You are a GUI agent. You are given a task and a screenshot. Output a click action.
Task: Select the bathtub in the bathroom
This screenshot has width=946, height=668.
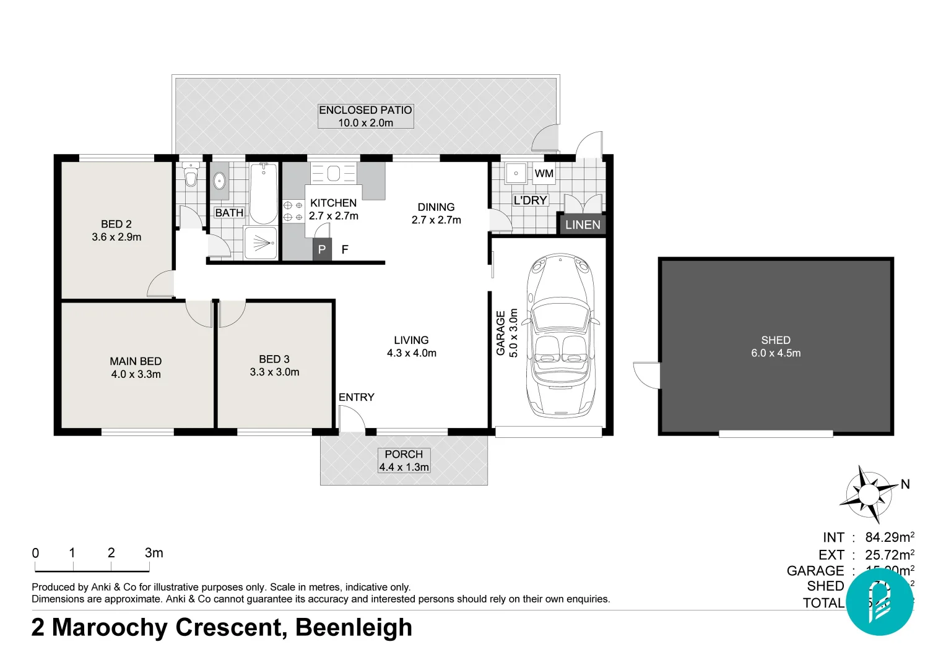(x=264, y=193)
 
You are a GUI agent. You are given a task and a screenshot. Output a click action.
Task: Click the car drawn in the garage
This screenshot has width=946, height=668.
(x=560, y=334)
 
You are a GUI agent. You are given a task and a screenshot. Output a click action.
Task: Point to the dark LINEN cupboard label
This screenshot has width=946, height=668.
(x=583, y=225)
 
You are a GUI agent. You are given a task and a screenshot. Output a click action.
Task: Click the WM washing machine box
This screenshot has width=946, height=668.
(x=544, y=173)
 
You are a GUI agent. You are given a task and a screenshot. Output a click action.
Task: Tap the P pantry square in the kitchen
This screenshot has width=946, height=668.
(x=322, y=249)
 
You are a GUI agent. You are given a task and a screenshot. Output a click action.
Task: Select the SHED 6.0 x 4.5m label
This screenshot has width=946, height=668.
(x=776, y=346)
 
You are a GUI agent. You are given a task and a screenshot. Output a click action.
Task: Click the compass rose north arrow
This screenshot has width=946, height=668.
(x=869, y=494)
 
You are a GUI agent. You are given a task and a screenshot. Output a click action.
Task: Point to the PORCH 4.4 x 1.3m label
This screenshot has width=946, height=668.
(x=404, y=461)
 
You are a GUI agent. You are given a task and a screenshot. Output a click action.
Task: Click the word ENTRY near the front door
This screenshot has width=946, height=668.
(x=356, y=397)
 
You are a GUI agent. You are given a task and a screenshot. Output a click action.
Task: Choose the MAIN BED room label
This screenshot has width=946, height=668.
(x=136, y=361)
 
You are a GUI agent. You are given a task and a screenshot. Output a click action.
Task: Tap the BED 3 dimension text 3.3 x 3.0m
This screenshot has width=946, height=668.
(x=274, y=372)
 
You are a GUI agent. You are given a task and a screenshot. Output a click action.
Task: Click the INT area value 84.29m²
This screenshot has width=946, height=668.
(x=889, y=537)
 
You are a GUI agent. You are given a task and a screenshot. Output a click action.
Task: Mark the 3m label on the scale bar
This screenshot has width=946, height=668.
(x=154, y=553)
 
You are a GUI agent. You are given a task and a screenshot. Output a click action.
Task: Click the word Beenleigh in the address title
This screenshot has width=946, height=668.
(x=354, y=627)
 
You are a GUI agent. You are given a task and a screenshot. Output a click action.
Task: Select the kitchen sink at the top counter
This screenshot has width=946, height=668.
(x=334, y=173)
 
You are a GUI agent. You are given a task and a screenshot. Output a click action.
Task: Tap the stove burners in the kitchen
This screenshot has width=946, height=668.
(x=293, y=211)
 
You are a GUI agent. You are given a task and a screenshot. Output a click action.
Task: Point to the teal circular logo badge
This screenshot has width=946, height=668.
(x=879, y=602)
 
